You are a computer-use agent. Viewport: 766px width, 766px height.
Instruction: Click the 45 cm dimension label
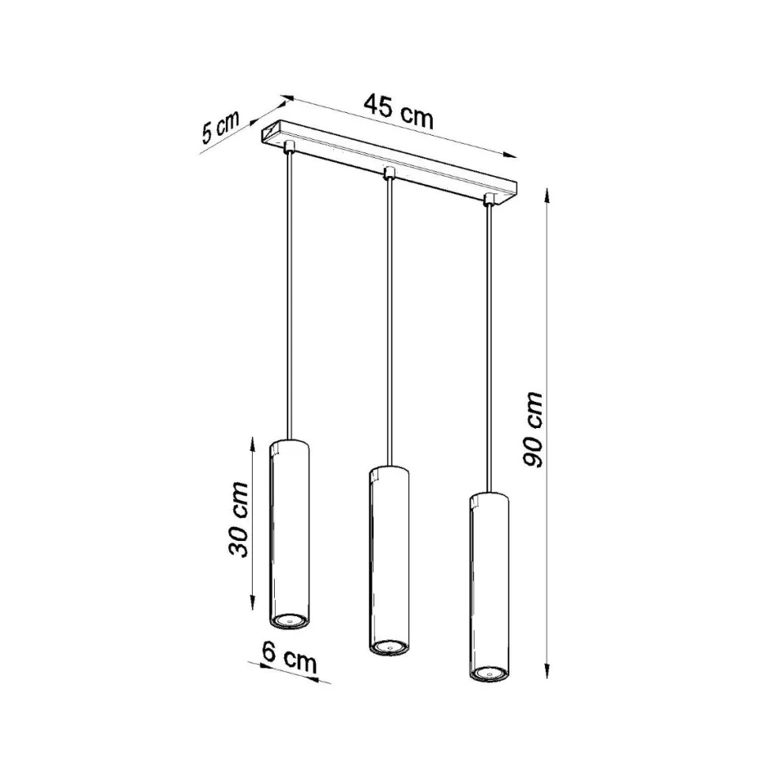tap(399, 111)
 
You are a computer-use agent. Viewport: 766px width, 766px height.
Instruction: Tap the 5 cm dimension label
tap(220, 127)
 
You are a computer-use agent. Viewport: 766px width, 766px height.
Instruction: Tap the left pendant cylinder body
tap(289, 534)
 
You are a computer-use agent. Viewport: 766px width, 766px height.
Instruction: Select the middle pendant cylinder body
tap(389, 561)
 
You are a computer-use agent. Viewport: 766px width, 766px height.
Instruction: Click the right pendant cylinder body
tap(489, 586)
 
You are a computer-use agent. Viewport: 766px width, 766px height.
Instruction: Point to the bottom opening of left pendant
tap(289, 620)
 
